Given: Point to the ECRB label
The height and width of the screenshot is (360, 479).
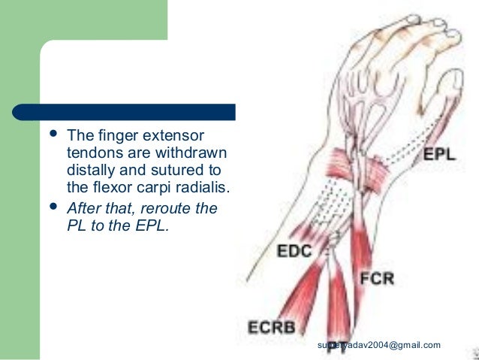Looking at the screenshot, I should click(x=273, y=328).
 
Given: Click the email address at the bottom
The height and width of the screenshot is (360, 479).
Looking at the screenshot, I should click(x=378, y=345).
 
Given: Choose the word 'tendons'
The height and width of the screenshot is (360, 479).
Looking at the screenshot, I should click(x=92, y=153).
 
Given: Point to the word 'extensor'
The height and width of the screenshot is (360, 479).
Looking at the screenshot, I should click(x=173, y=137).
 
